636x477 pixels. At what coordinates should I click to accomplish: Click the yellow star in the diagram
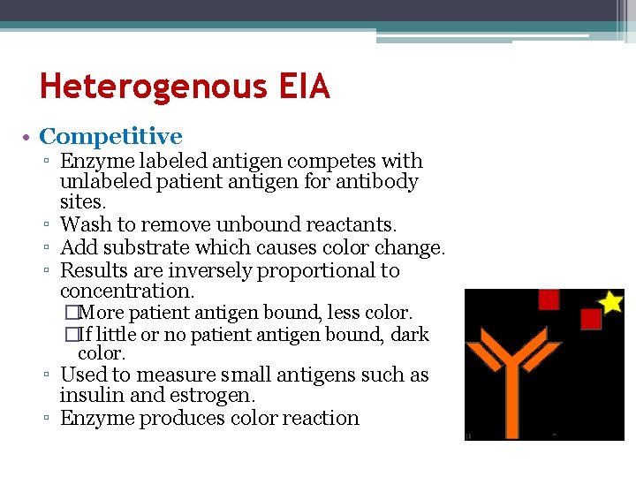click(610, 302)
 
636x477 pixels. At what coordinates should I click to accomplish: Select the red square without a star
click(549, 299)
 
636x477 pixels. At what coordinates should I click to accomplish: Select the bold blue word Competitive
click(111, 137)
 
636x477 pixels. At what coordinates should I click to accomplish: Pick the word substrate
click(143, 247)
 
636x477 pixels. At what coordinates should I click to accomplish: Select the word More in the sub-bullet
click(102, 313)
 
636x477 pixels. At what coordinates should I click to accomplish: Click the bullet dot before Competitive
click(29, 138)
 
